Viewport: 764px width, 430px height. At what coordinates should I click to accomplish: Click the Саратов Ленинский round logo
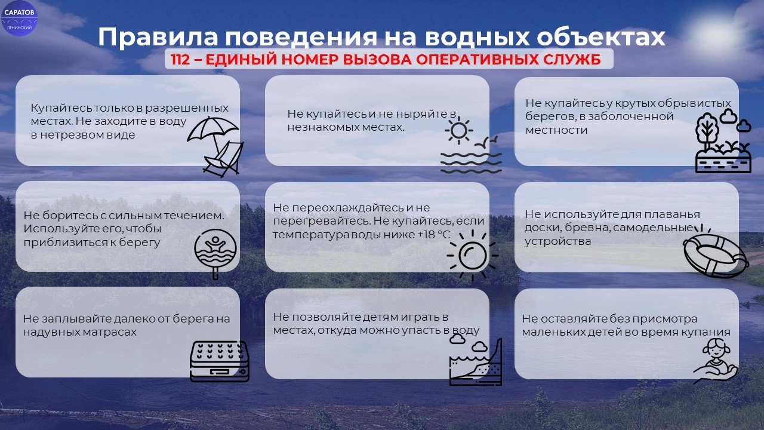(x=20, y=18)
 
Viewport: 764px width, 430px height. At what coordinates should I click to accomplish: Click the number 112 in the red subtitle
(x=180, y=59)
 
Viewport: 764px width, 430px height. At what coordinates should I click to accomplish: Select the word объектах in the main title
(x=601, y=36)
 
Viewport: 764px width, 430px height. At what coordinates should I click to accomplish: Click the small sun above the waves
(x=458, y=130)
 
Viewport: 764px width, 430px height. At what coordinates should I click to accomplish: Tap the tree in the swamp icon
(x=707, y=130)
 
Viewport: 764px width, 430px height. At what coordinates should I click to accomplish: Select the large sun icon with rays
(x=472, y=255)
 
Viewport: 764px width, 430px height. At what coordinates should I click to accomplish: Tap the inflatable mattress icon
(x=220, y=361)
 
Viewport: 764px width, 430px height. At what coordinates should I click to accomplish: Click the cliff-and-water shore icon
(x=476, y=362)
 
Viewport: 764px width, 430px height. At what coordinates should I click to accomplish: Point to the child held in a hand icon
(x=716, y=361)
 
